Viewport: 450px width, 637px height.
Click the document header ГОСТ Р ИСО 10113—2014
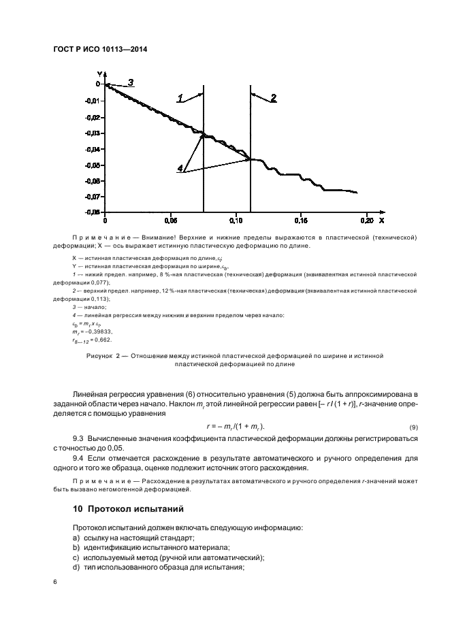pyautogui.click(x=100, y=49)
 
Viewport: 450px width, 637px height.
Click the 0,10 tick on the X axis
pyautogui.click(x=235, y=221)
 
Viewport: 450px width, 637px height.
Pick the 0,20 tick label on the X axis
pyautogui.click(x=366, y=221)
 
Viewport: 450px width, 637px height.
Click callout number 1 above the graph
pyautogui.click(x=180, y=99)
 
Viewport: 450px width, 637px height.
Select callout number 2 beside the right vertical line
pyautogui.click(x=273, y=99)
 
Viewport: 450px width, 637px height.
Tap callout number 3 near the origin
pyautogui.click(x=131, y=82)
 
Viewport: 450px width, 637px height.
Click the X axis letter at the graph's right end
pyautogui.click(x=381, y=220)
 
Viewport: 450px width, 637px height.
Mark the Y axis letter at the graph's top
pyautogui.click(x=99, y=73)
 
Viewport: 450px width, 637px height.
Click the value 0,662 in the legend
pyautogui.click(x=102, y=340)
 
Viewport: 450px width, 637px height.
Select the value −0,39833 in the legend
pyautogui.click(x=97, y=331)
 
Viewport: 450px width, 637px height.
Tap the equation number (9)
pyautogui.click(x=413, y=426)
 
